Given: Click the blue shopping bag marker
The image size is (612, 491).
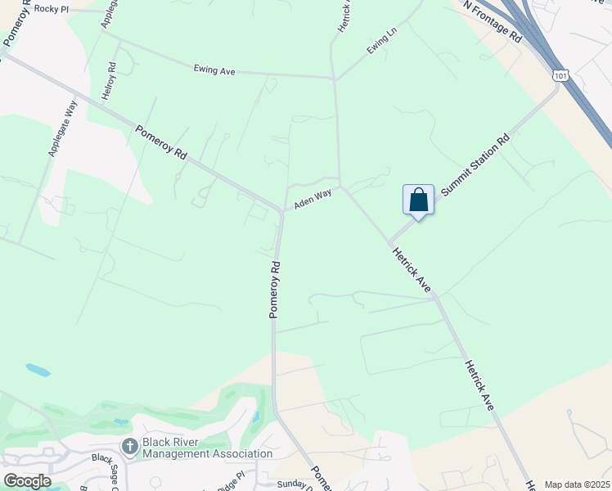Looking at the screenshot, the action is click(x=418, y=200).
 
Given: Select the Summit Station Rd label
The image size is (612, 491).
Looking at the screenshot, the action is click(x=475, y=165).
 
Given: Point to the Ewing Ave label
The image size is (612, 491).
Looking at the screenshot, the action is click(x=214, y=71).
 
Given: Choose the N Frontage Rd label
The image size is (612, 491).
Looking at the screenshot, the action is click(x=493, y=21).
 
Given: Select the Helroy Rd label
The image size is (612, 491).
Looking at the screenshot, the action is click(x=108, y=82).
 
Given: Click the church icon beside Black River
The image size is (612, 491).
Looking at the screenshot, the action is click(x=129, y=447).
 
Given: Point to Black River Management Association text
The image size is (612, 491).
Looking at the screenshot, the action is click(x=207, y=448).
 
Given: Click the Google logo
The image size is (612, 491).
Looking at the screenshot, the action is click(x=27, y=480).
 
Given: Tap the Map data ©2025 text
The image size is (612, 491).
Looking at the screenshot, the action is click(x=576, y=484).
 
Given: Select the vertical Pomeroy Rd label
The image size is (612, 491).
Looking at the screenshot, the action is click(x=276, y=289).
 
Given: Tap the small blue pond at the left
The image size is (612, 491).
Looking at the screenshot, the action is click(x=38, y=370).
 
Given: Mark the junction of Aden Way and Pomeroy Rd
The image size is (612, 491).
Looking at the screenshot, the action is click(x=282, y=211).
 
